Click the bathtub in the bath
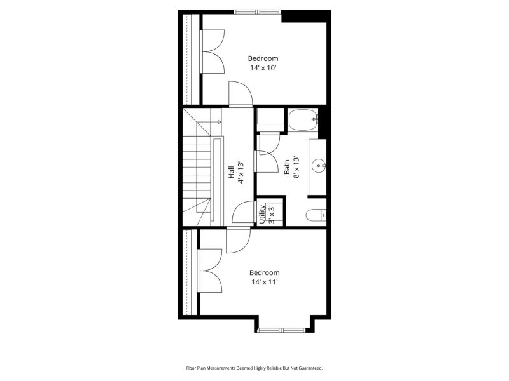click(x=303, y=119)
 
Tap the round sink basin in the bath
click(x=319, y=166)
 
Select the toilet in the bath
click(x=316, y=215)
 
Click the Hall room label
click(x=231, y=172)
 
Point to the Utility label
click(x=262, y=214)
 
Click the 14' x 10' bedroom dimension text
click(x=263, y=68)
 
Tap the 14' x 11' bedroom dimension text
click(x=265, y=282)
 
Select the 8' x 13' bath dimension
click(x=296, y=167)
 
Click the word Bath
click(x=287, y=167)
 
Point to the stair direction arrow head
click(x=220, y=122)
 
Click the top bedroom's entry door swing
click(x=241, y=93)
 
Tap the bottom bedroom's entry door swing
click(x=238, y=241)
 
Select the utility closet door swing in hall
click(x=244, y=212)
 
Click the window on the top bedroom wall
click(x=258, y=12)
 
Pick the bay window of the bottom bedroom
click(x=281, y=330)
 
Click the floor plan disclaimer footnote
click(x=254, y=368)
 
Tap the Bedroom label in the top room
click(x=263, y=58)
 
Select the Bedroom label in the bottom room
click(x=265, y=272)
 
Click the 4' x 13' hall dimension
click(x=241, y=172)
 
